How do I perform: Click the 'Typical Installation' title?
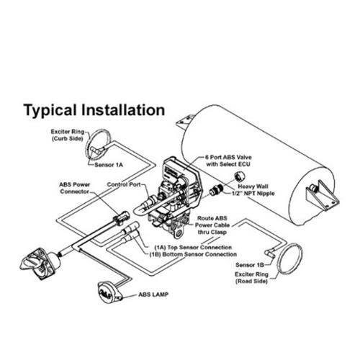tap(94, 110)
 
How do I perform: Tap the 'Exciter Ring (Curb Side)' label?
tap(68, 135)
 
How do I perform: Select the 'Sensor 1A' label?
tap(109, 165)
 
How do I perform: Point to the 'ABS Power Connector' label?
tap(75, 188)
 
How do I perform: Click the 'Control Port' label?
tap(124, 184)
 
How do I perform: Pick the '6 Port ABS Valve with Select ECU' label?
tap(228, 161)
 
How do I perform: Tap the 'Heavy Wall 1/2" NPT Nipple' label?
tap(253, 190)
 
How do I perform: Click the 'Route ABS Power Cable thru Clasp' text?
tap(212, 225)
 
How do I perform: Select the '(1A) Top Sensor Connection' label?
tap(193, 247)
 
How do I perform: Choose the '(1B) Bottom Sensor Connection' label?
tap(193, 254)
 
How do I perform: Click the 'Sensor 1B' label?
tap(250, 265)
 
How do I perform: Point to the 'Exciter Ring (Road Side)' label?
tap(251, 278)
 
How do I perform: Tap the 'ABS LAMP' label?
tap(153, 294)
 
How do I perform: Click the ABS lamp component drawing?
tap(109, 292)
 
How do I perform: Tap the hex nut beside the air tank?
tap(239, 176)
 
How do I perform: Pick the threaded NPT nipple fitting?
tap(216, 189)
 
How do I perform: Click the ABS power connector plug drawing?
tap(121, 217)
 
